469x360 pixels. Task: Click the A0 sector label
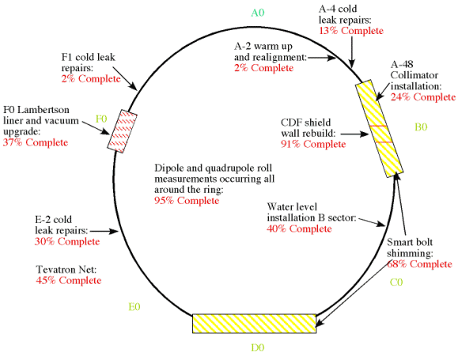click(x=258, y=13)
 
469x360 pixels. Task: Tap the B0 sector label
click(x=421, y=127)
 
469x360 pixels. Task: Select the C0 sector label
click(x=396, y=282)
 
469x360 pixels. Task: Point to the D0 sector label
click(x=258, y=347)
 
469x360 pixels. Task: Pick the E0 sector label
click(x=134, y=307)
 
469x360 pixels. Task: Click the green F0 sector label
click(x=101, y=119)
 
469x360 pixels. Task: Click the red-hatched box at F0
click(x=123, y=131)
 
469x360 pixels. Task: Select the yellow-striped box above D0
click(x=254, y=324)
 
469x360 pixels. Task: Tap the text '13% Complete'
click(x=351, y=31)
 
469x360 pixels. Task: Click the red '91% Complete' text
click(x=313, y=144)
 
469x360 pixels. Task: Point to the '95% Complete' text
click(x=187, y=200)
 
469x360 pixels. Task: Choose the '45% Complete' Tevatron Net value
click(x=69, y=281)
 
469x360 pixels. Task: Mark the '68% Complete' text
click(x=419, y=264)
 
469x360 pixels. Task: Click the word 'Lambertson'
click(x=43, y=110)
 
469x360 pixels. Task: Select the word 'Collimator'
click(x=414, y=75)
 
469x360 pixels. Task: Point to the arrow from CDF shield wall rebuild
click(x=355, y=134)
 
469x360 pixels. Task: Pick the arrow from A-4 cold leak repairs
click(x=352, y=52)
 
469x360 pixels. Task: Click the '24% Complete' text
click(x=423, y=97)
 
